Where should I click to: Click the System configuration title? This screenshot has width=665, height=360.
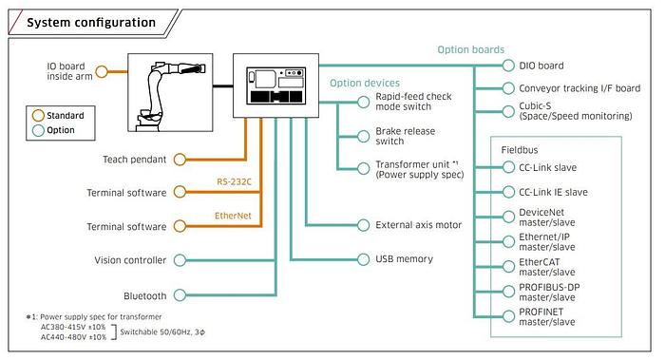coord(91,23)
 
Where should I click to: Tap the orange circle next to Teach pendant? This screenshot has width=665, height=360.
coord(180,160)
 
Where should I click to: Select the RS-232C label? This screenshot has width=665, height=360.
coord(234,182)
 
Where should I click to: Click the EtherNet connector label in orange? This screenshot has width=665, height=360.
coord(233,216)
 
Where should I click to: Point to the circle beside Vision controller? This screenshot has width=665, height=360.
coord(180,260)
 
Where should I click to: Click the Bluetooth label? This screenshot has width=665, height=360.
coord(145,296)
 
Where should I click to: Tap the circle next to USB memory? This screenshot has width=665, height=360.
coord(363,259)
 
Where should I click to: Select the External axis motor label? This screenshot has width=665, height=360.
coord(419,225)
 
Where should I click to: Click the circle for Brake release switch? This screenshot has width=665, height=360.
coord(363,136)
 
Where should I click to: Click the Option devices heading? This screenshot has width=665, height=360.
coord(365,83)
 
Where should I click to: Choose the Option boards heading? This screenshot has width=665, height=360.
coord(471,49)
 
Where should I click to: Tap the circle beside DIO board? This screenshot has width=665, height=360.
coord(508,66)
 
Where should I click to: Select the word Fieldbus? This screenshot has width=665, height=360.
coord(520,150)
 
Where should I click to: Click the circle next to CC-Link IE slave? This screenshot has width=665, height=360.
coord(508,192)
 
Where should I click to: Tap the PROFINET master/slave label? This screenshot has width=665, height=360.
coord(547,316)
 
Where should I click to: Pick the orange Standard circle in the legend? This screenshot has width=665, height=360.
coord(38,115)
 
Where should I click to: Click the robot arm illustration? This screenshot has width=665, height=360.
coord(171,92)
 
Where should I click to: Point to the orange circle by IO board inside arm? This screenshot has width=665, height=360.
coord(102,71)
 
